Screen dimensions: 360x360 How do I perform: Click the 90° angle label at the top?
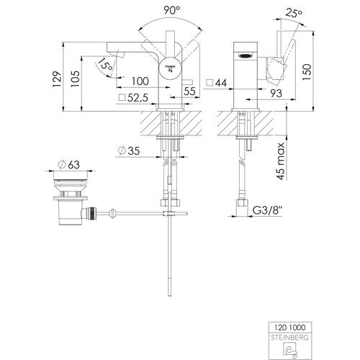coord(172,10)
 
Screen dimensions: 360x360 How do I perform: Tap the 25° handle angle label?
coord(294,14)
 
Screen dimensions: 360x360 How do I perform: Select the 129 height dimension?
coord(57,79)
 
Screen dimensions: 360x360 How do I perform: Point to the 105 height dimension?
coord(75,79)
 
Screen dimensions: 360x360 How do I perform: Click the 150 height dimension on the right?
coord(307,72)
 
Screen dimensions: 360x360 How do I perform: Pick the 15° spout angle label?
coord(105,64)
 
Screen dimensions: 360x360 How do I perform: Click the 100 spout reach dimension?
coord(140,81)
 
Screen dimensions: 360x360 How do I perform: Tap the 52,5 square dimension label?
coord(134,98)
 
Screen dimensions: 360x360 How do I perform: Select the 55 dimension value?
coord(189,91)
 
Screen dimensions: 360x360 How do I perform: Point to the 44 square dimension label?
coord(217,83)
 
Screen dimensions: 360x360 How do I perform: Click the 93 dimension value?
coord(276,93)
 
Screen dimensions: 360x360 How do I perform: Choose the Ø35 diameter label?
coord(129,150)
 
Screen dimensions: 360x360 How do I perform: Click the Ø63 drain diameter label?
coord(69,165)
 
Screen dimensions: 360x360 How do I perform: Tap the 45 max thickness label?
coord(281,161)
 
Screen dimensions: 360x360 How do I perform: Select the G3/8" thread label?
coord(267,210)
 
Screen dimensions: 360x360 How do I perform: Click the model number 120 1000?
coord(290,328)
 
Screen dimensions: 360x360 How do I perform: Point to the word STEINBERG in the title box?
coord(289,338)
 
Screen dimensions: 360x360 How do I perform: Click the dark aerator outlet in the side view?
coord(244,55)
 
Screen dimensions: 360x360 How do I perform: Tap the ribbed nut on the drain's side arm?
coord(93,213)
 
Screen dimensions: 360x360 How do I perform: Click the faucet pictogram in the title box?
coord(290,350)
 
